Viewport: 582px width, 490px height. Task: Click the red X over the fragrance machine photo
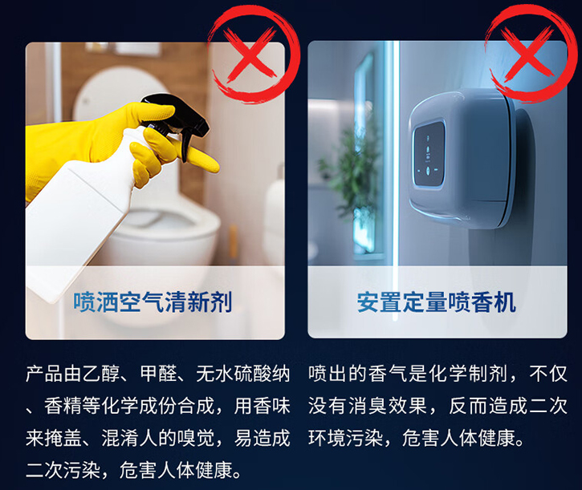click(527, 51)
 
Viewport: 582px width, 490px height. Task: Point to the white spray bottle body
click(85, 208)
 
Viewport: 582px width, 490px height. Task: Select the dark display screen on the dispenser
click(429, 154)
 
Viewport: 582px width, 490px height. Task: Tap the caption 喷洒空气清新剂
click(153, 302)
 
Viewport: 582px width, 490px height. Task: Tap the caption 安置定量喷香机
click(437, 302)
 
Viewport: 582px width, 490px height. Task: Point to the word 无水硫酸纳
click(242, 374)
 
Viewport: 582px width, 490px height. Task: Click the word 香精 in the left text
click(63, 406)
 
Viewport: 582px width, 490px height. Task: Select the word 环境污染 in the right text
click(346, 438)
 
